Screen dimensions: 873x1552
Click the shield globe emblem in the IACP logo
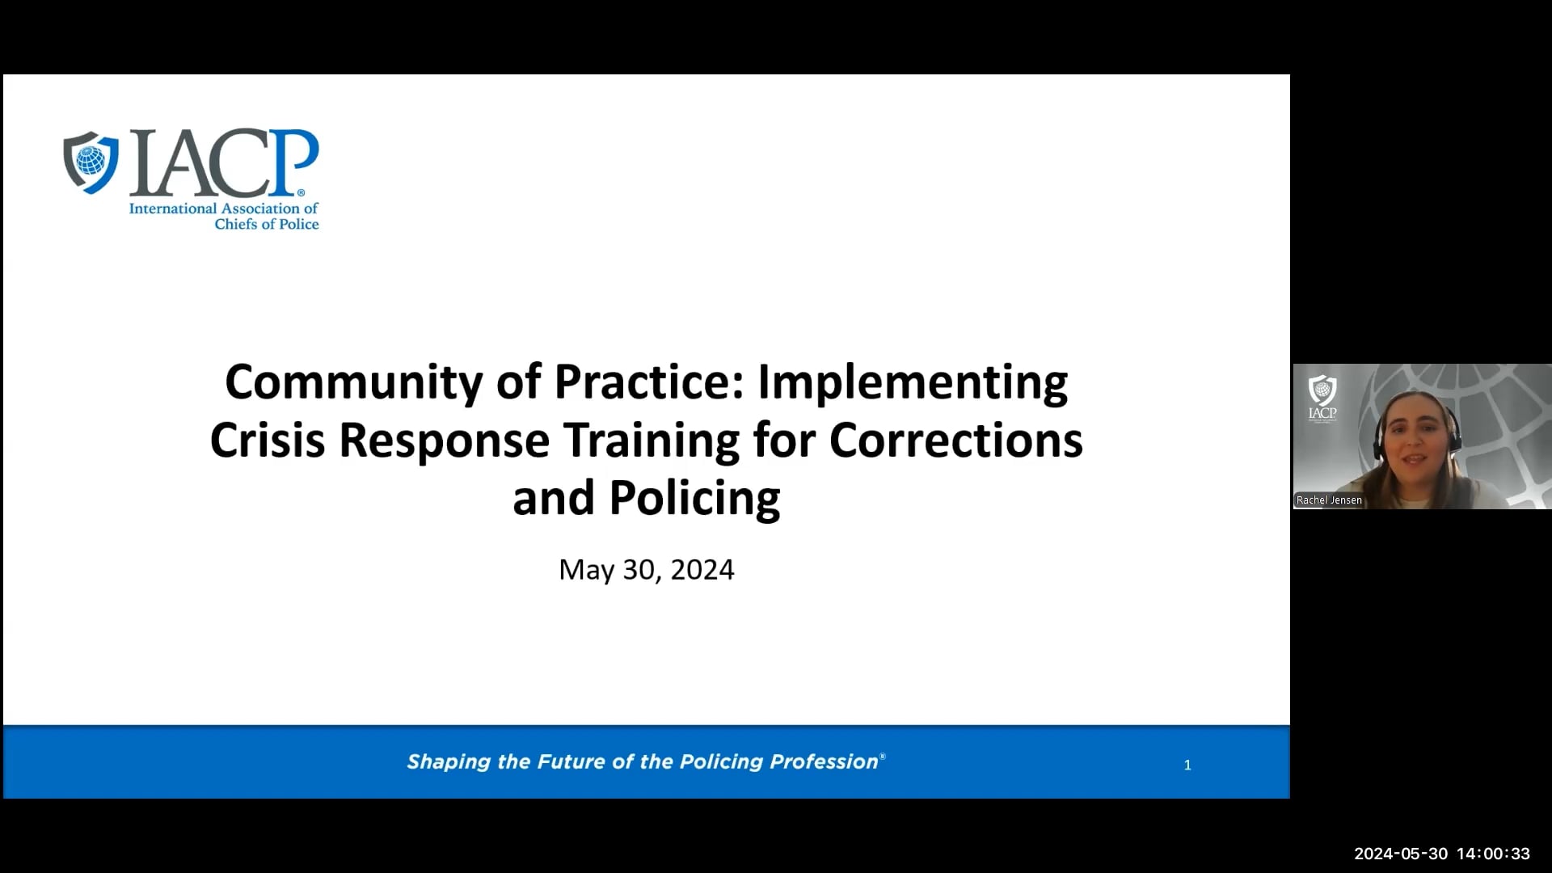coord(91,161)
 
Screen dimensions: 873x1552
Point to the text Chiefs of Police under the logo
coord(266,224)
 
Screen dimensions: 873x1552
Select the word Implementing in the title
coord(913,382)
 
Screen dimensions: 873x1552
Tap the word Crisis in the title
coord(267,441)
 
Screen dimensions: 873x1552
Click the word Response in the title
coord(444,441)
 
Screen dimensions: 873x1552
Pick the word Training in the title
coord(652,441)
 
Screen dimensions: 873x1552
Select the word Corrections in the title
coord(955,441)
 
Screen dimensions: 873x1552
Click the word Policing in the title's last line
coord(694,498)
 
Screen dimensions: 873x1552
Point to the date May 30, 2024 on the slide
coord(646,570)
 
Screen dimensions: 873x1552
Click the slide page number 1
coord(1187,765)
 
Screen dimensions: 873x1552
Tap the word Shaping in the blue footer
coord(449,761)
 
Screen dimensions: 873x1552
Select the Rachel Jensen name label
coord(1329,500)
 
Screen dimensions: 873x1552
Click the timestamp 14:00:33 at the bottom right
coord(1493,854)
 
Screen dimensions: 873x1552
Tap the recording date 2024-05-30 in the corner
coord(1401,854)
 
